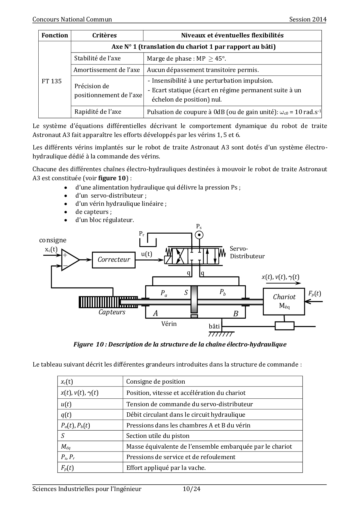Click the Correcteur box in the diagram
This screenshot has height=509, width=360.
pos(114,259)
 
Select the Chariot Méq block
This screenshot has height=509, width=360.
pos(284,301)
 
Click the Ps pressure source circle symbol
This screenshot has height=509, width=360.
pos(199,235)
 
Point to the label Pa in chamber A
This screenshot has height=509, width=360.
pos(164,293)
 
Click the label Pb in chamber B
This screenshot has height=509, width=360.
pos(222,292)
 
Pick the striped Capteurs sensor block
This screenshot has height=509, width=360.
pos(99,302)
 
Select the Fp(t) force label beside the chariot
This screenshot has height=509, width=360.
pos(314,293)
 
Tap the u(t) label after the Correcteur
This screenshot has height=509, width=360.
pos(147,254)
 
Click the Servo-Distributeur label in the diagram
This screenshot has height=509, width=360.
pos(247,252)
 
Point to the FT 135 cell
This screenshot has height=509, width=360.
pos(52,81)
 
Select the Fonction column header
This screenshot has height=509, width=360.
pos(55,35)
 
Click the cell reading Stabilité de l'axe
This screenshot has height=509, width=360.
pos(98,58)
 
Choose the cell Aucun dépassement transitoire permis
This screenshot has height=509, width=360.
pos(203,70)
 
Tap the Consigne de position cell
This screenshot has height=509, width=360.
pos(156,382)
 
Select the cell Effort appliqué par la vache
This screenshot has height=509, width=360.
pos(166,468)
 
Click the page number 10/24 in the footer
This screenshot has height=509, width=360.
pos(192,489)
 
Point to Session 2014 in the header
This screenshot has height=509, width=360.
pos(308,19)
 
